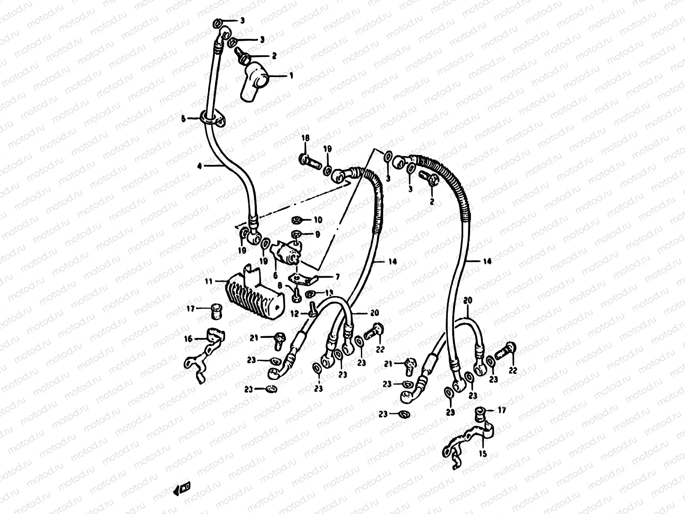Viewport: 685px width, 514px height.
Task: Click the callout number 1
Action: click(291, 76)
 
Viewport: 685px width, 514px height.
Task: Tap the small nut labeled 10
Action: click(296, 220)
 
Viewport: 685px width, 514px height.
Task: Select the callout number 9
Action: click(317, 234)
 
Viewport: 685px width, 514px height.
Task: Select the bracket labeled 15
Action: click(469, 439)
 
